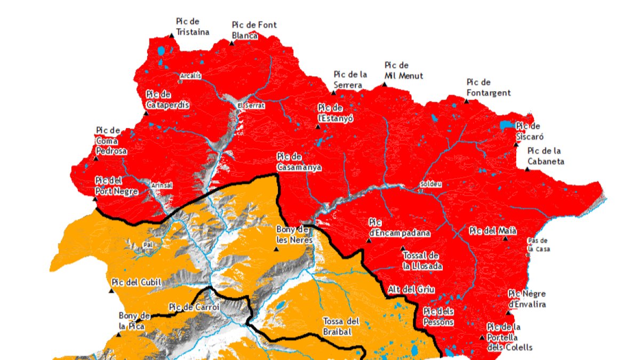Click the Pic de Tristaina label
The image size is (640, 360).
(192, 27)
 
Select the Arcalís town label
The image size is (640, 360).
(191, 76)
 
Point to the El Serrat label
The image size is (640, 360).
(251, 106)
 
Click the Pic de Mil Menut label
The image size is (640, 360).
(404, 70)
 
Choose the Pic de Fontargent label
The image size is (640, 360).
(488, 87)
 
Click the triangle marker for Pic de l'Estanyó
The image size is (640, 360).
(318, 127)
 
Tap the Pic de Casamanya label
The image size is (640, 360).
(299, 162)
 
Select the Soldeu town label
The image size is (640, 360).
(431, 184)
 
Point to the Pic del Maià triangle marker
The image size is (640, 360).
(506, 238)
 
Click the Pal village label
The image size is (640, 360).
(148, 245)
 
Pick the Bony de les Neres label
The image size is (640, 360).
(293, 235)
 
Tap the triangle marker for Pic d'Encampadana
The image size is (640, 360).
(369, 241)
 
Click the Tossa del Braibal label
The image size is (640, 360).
(341, 326)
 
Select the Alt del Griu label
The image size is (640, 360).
(411, 290)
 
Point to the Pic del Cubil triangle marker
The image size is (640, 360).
(111, 291)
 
